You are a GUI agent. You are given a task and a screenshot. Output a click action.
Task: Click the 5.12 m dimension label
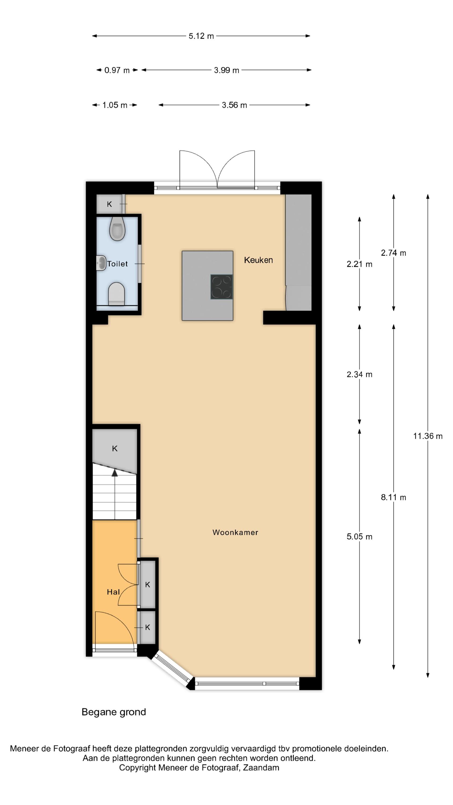pyautogui.click(x=201, y=36)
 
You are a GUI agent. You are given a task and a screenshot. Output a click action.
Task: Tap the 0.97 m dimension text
pyautogui.click(x=117, y=70)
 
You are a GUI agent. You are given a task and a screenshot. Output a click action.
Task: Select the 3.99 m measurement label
pyautogui.click(x=226, y=70)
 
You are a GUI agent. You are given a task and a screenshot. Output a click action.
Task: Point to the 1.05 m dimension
pyautogui.click(x=115, y=105)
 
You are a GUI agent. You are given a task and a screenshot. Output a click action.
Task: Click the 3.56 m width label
pyautogui.click(x=234, y=105)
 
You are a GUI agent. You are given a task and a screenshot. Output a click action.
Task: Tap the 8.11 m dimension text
pyautogui.click(x=393, y=497)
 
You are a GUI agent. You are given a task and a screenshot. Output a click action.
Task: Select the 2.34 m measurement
pyautogui.click(x=359, y=374)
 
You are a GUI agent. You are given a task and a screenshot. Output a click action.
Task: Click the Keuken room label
pyautogui.click(x=258, y=260)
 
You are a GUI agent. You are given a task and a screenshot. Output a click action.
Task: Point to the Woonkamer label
pyautogui.click(x=235, y=532)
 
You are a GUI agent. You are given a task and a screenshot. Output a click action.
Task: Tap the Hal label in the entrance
pyautogui.click(x=113, y=592)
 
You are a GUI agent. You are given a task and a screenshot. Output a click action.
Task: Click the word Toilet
pyautogui.click(x=117, y=264)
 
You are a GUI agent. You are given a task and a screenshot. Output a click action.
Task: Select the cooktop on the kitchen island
pyautogui.click(x=221, y=287)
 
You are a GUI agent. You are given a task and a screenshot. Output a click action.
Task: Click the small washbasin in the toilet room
pyautogui.click(x=101, y=263)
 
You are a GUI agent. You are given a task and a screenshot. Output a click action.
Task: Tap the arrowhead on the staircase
pyautogui.click(x=115, y=473)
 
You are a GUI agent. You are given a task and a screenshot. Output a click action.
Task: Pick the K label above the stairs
pyautogui.click(x=115, y=448)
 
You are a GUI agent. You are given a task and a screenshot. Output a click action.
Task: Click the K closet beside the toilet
pyautogui.click(x=109, y=204)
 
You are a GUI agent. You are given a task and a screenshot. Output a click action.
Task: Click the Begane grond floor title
pyautogui.click(x=114, y=712)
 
